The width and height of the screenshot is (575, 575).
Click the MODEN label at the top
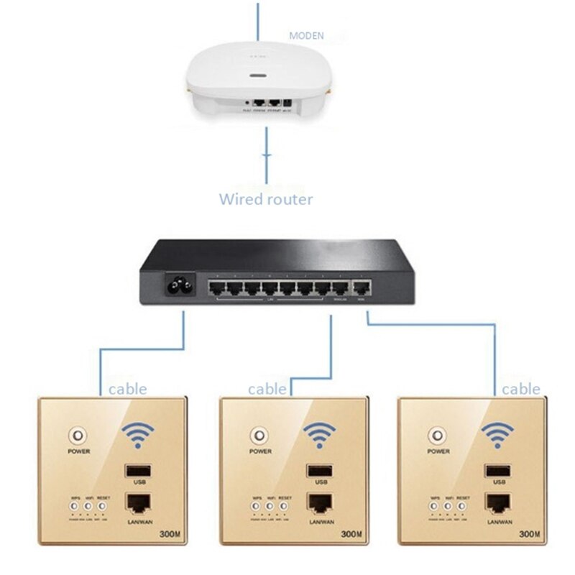pyautogui.click(x=306, y=34)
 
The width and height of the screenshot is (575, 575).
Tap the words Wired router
pyautogui.click(x=266, y=199)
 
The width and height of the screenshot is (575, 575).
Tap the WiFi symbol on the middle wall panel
pyautogui.click(x=319, y=434)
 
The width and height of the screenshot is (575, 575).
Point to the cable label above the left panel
pyautogui.click(x=127, y=390)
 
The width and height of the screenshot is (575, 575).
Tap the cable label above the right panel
pyautogui.click(x=520, y=389)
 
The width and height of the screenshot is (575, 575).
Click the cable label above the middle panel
pyautogui.click(x=267, y=389)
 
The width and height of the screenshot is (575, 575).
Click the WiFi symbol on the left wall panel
pyautogui.click(x=139, y=434)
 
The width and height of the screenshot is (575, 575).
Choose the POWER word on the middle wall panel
pyautogui.click(x=259, y=452)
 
